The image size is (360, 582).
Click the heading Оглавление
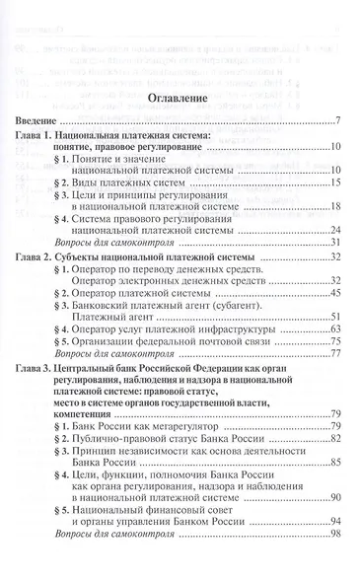pos(180,100)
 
